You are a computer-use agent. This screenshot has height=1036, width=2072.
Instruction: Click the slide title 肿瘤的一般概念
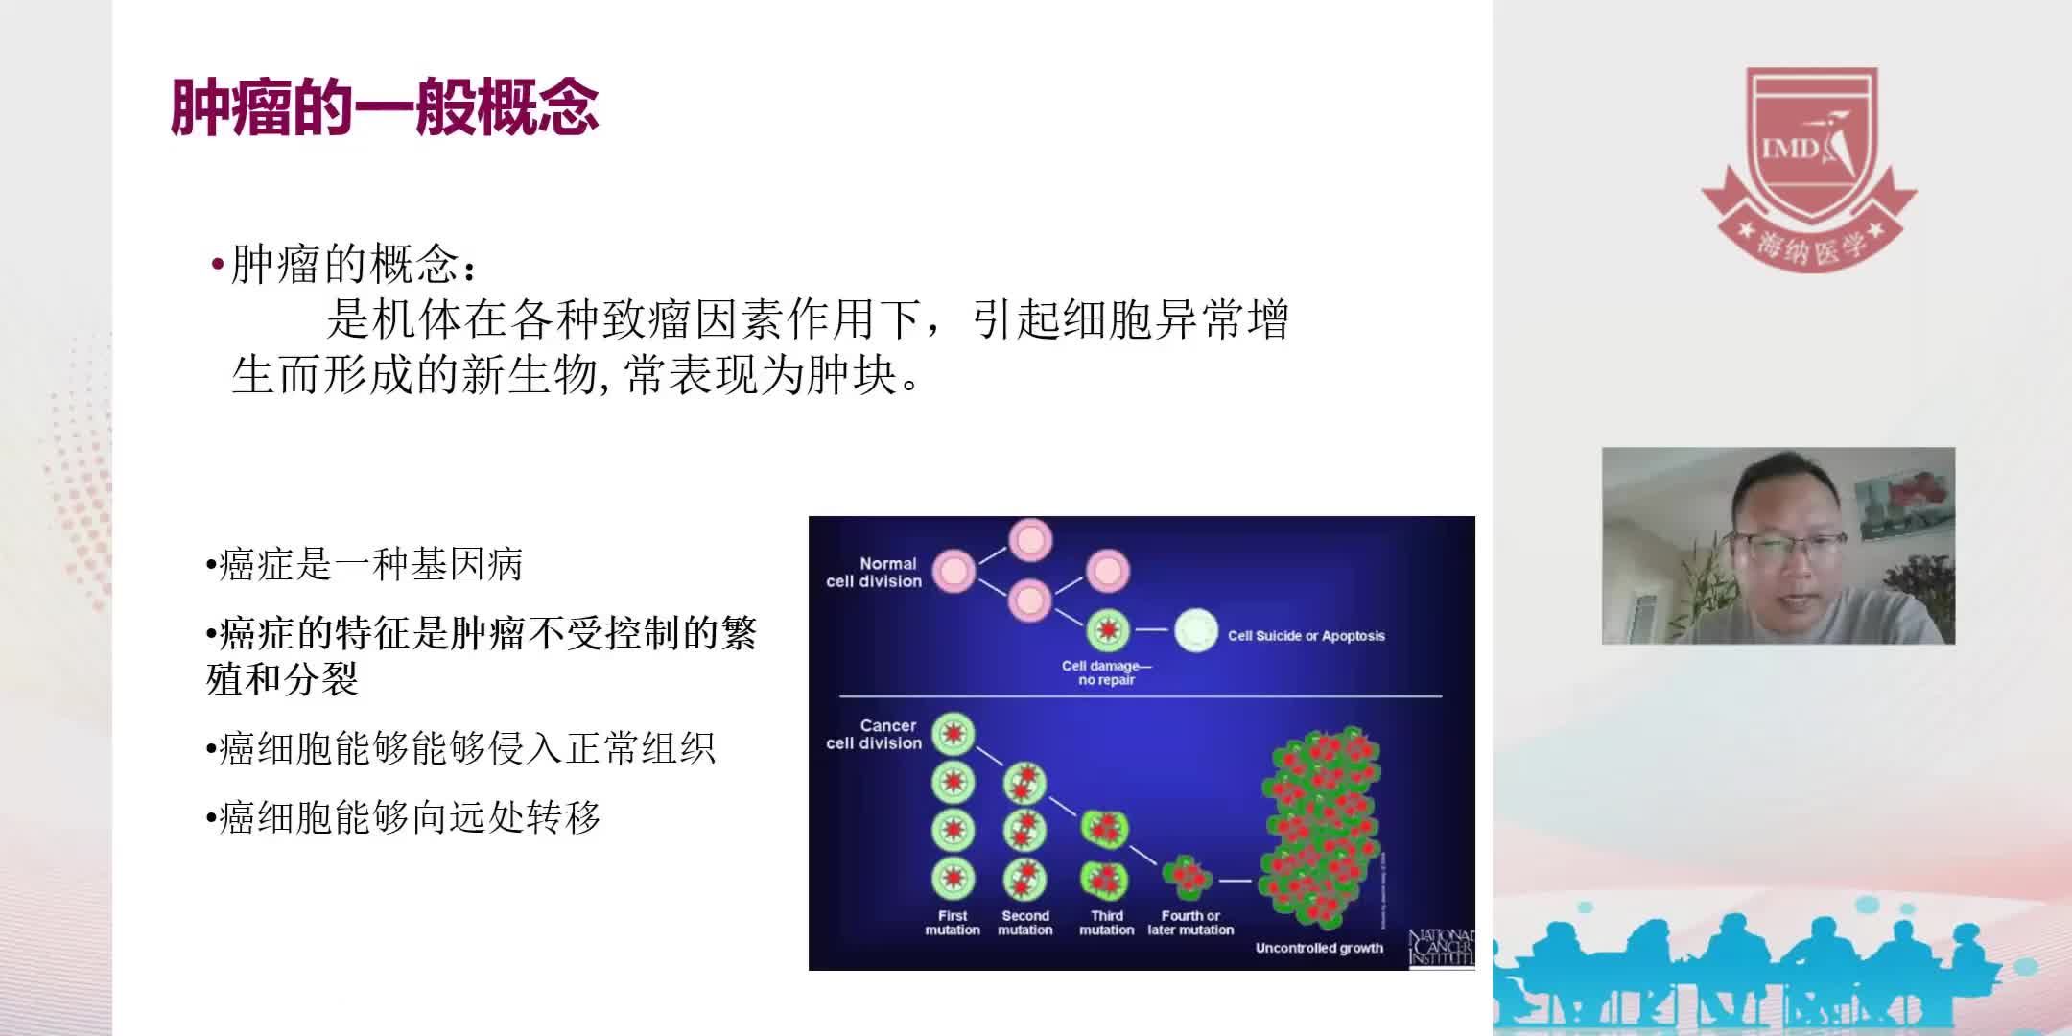[x=385, y=106]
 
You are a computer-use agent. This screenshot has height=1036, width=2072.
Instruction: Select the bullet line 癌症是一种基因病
[x=370, y=564]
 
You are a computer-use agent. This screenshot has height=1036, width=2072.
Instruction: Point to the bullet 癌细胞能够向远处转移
[x=409, y=817]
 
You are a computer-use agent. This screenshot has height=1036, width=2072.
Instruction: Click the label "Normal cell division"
[x=874, y=573]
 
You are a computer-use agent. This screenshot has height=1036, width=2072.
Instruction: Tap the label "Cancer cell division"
[x=874, y=735]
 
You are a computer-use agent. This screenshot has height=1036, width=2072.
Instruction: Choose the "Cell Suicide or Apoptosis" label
[x=1306, y=635]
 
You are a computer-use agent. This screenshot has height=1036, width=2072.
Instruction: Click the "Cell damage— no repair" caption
[x=1106, y=672]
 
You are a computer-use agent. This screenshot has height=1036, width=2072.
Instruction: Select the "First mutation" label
[x=953, y=923]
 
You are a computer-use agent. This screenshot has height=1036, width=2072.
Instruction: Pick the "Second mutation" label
[x=1024, y=923]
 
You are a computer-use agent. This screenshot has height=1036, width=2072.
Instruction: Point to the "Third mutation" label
[x=1106, y=923]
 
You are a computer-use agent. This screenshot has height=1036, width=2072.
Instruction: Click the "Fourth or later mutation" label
[x=1190, y=923]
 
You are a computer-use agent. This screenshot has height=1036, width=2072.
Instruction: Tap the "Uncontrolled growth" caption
[x=1319, y=948]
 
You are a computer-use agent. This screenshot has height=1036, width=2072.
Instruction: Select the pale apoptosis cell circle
[x=1195, y=630]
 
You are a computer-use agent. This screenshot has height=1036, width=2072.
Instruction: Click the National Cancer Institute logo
[x=1441, y=948]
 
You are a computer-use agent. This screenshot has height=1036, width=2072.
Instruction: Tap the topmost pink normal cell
[x=1030, y=540]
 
